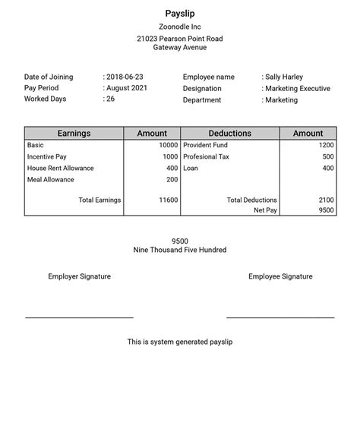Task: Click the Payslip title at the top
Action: pos(180,13)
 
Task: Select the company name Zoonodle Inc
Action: pos(180,27)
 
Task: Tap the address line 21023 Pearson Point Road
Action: pos(180,39)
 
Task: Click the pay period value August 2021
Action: pos(127,88)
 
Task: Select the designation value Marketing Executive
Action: pos(298,89)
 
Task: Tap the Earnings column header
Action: pos(74,134)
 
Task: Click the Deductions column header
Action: pos(229,134)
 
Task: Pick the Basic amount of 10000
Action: pos(168,145)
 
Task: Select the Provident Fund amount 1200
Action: pos(326,145)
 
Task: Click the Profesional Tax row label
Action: pos(206,156)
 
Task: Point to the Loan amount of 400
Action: pos(327,169)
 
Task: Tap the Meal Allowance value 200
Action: pos(172,180)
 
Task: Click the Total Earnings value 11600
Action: pos(168,200)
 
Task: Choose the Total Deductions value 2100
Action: pos(326,200)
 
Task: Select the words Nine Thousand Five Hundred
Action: pos(180,250)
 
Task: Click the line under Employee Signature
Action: pos(280,317)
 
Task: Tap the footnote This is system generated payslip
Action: pos(180,342)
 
